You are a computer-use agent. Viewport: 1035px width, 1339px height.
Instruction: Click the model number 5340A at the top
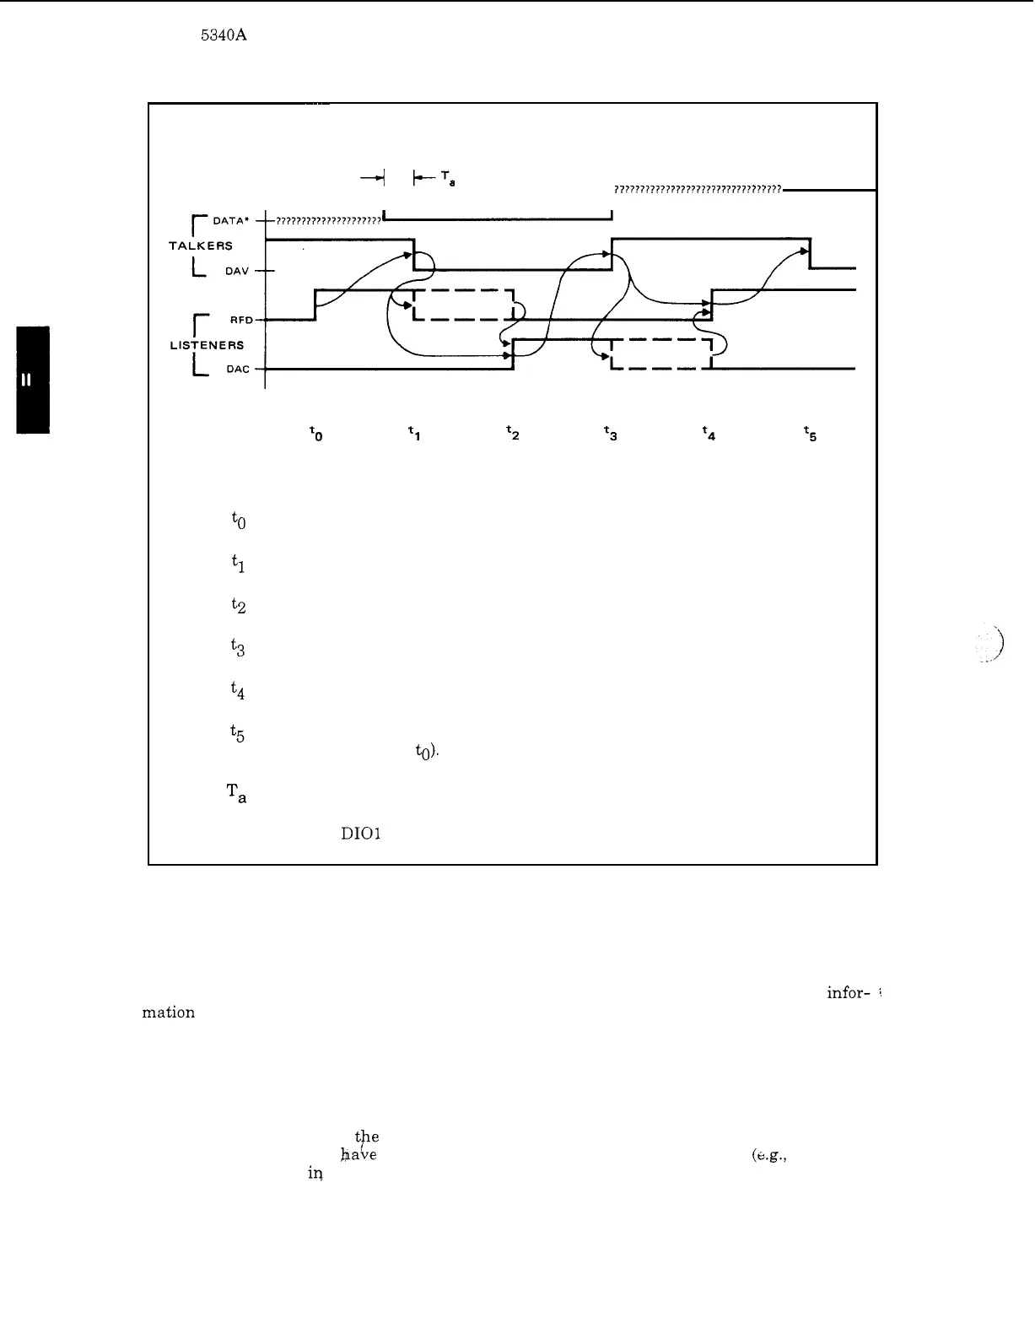click(x=224, y=35)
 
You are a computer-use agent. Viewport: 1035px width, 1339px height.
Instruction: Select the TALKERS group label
click(x=201, y=246)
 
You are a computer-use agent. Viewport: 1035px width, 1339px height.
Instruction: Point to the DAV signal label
click(x=236, y=271)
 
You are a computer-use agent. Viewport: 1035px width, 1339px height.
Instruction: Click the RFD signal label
click(x=241, y=320)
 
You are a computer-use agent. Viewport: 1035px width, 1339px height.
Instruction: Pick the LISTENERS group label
click(x=207, y=345)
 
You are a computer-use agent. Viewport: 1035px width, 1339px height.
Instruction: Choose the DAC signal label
click(x=238, y=370)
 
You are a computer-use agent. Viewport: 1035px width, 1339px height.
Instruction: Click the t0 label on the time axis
click(x=315, y=434)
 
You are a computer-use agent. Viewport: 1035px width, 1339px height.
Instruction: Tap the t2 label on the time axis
click(x=512, y=433)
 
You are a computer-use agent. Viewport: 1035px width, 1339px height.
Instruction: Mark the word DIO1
click(x=361, y=834)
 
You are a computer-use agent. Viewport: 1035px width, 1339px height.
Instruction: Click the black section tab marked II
click(x=32, y=379)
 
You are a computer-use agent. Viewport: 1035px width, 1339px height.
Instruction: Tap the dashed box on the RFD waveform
click(x=463, y=305)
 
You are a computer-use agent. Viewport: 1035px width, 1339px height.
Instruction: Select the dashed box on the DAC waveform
click(x=661, y=354)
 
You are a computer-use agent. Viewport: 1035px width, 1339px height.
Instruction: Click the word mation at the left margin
click(x=169, y=1012)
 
